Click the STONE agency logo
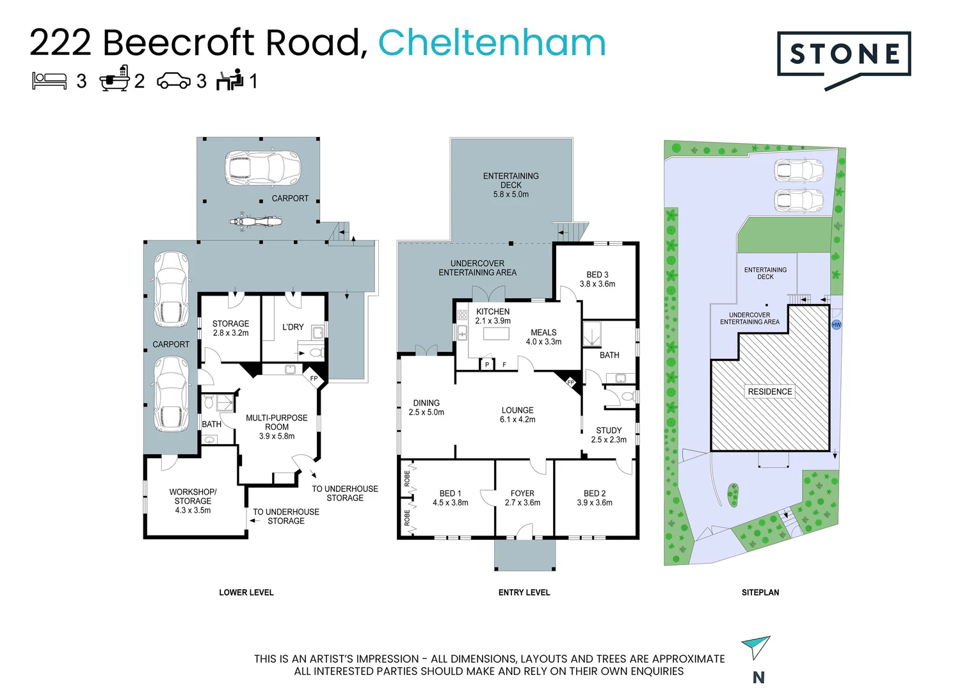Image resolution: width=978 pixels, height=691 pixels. point(844,56)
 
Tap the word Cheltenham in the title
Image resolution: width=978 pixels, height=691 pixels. point(492,43)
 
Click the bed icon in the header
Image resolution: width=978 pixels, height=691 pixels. point(49,81)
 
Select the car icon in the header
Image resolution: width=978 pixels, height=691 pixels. point(173,81)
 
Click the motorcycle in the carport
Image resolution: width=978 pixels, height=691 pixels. point(255,222)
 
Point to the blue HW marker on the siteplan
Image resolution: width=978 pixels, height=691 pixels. point(836,325)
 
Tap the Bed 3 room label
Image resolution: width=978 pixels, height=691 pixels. point(597,279)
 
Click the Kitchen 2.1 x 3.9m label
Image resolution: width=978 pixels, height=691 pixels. point(493,316)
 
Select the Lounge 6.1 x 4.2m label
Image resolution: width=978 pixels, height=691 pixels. point(517,415)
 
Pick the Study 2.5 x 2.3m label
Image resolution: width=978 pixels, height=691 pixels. point(609,435)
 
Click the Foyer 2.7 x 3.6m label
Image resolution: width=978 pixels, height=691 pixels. point(522,498)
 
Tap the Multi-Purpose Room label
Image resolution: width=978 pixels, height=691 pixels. point(277,427)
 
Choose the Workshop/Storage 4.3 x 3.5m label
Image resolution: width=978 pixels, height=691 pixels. point(193,501)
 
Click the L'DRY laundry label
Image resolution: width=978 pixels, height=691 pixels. point(293,327)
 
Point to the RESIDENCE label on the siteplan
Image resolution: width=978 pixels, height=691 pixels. point(770,392)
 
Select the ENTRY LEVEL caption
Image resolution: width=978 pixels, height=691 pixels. point(524,592)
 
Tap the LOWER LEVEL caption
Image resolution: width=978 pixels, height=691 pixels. point(246,592)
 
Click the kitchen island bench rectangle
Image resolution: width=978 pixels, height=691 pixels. point(495,334)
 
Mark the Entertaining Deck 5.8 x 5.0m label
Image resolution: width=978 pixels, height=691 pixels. point(511,185)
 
